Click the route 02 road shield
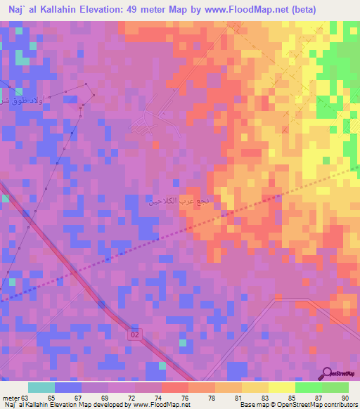[x=134, y=336]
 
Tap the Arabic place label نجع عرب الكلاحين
[x=173, y=201]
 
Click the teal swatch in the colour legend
[x=41, y=387]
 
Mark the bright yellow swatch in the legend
[x=281, y=387]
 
